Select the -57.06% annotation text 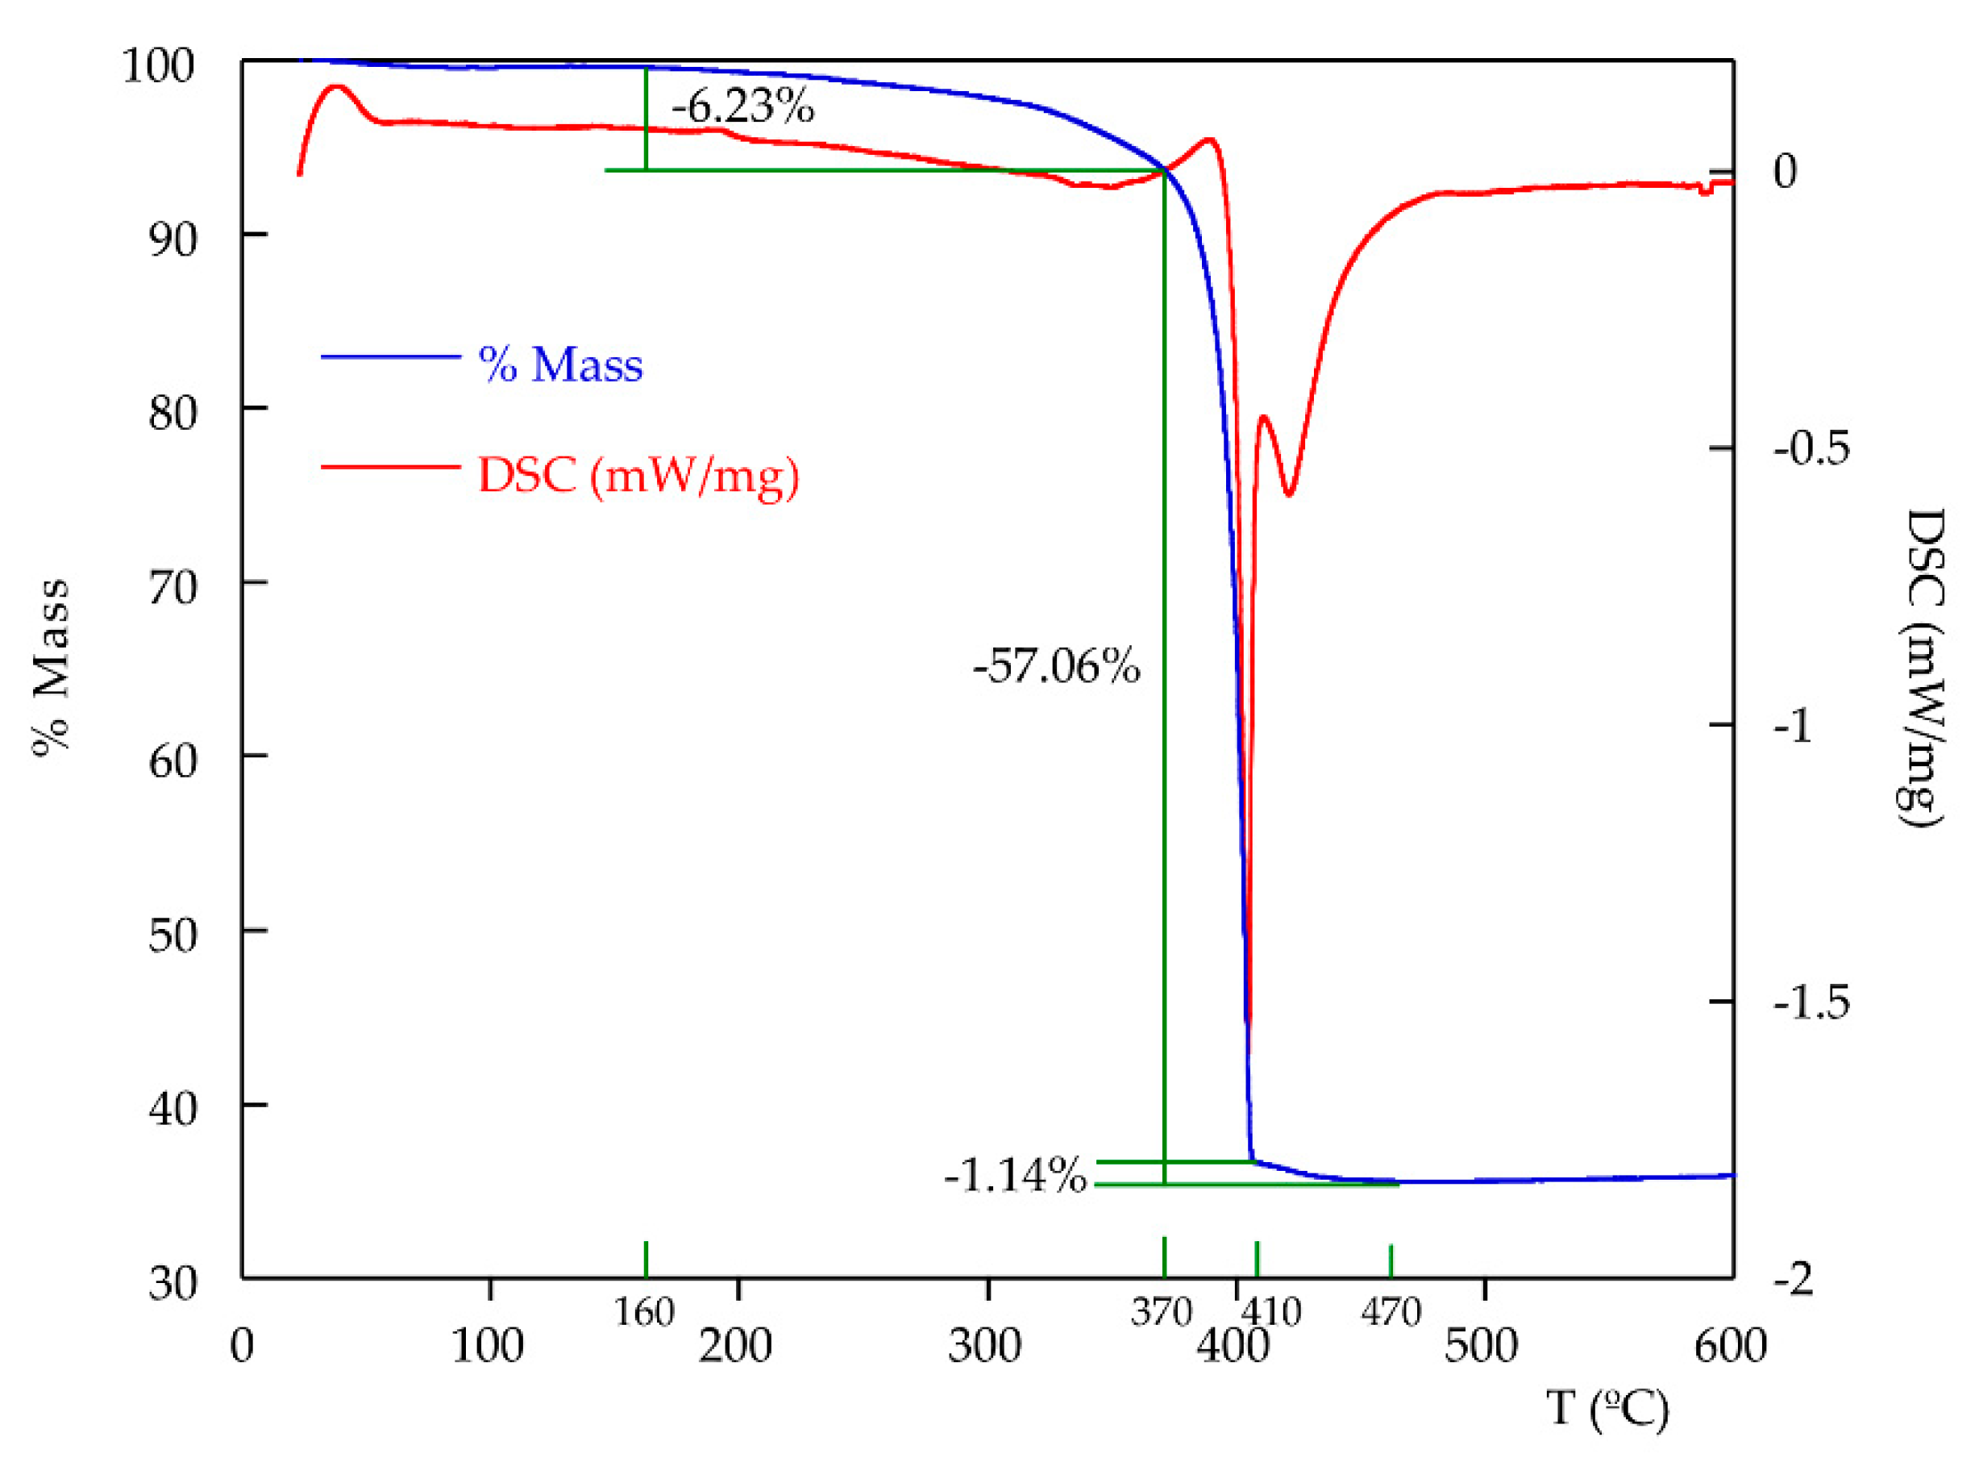pos(1055,665)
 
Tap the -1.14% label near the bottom pos(1015,1175)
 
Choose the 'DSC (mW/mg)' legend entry pos(638,476)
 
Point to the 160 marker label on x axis pos(644,1312)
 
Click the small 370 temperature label pos(1161,1312)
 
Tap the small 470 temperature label pos(1391,1312)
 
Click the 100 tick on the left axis pos(157,66)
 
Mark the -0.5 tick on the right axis pos(1811,448)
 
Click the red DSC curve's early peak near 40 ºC pos(336,87)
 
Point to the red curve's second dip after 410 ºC pos(1289,494)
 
